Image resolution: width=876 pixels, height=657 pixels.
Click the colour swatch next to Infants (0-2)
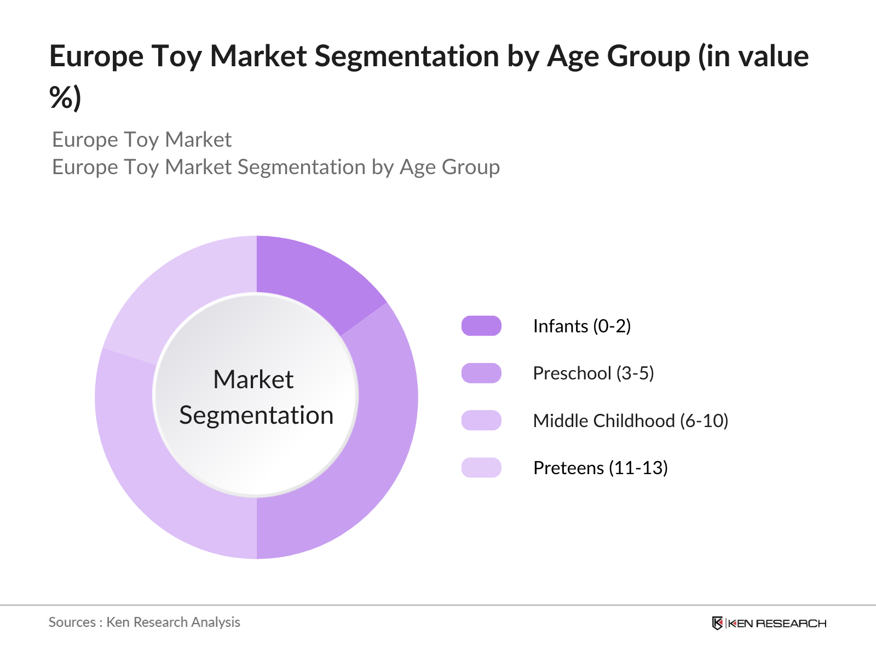pos(481,326)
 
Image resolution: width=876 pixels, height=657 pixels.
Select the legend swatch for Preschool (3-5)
pos(481,373)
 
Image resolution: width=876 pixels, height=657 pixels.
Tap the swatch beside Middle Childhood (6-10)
pos(481,420)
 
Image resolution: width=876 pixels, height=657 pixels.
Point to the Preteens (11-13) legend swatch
pos(481,468)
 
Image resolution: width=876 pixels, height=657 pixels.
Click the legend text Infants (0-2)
pos(581,326)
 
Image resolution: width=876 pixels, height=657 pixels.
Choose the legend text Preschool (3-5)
pos(593,373)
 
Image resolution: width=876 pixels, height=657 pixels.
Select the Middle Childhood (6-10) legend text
pos(630,421)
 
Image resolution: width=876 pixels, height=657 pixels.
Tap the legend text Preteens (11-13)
pos(600,468)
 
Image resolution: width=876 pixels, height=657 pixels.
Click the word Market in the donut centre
pos(253,379)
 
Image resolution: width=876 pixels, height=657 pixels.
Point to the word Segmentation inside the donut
pos(256,416)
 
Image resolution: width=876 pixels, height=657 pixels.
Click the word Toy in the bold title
pos(176,57)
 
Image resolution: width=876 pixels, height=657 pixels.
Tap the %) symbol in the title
pos(65,98)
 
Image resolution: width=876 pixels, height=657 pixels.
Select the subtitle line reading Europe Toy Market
pos(142,140)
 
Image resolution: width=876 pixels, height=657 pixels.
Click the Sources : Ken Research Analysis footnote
pos(145,622)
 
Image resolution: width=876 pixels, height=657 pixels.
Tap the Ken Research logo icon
pos(717,623)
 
